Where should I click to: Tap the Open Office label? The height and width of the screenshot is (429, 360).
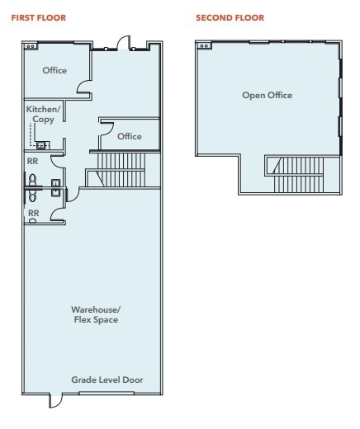coord(267,95)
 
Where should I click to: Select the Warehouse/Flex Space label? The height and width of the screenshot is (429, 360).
coord(96,314)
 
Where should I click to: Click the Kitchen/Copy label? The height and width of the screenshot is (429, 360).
coord(43,115)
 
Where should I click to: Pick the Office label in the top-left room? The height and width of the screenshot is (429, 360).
coord(54,70)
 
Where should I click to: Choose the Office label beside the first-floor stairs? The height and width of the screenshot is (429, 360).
coord(129,136)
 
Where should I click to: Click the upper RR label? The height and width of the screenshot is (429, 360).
coord(33,162)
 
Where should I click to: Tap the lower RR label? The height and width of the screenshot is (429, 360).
coord(33,212)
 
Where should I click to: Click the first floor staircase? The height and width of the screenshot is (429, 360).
coord(120,171)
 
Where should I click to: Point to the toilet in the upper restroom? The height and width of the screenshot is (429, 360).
coord(33,180)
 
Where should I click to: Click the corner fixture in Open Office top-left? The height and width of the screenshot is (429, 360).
coord(203,46)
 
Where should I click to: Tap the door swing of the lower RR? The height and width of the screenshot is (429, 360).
coord(58,215)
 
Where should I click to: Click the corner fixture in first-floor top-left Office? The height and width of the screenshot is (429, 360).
coord(31,47)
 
